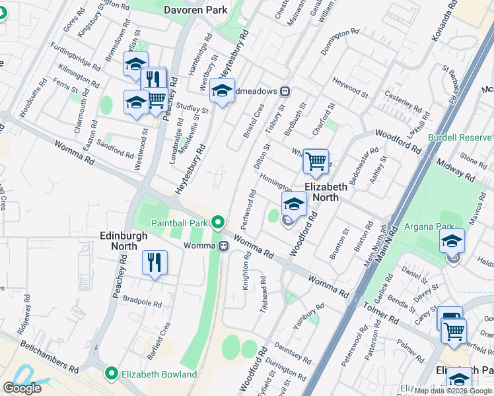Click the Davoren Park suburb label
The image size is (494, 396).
[x=195, y=10]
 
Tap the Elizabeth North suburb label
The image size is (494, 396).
[x=326, y=192]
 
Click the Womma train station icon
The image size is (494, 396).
[x=225, y=246]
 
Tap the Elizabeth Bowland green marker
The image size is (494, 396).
[x=112, y=374]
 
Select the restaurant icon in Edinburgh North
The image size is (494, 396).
[x=155, y=262]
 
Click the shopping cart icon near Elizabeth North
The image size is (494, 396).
[x=316, y=160]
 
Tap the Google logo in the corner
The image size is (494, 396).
[x=22, y=388]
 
